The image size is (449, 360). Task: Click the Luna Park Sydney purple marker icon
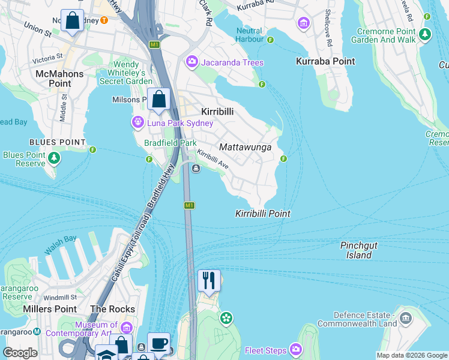[x=138, y=123]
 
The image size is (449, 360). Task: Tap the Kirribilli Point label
[x=262, y=214]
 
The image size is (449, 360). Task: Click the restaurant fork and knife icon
[x=209, y=280]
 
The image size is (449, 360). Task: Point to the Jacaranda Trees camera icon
[x=192, y=62]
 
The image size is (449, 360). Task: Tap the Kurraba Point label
[x=325, y=61]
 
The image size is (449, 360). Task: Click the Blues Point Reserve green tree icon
[x=55, y=158]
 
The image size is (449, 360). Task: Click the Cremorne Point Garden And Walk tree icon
[x=425, y=34]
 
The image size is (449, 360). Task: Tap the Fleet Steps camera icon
[x=296, y=349]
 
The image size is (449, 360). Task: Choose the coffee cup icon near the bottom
[x=158, y=343]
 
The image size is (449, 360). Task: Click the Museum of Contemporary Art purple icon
[x=126, y=328]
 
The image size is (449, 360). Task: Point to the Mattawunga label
[x=246, y=147]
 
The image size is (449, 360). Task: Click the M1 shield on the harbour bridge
[x=189, y=205]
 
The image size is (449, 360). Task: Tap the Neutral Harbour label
[x=249, y=35]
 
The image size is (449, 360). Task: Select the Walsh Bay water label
[x=60, y=245]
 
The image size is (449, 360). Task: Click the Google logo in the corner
[x=20, y=353]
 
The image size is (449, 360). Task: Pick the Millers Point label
[x=49, y=309]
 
